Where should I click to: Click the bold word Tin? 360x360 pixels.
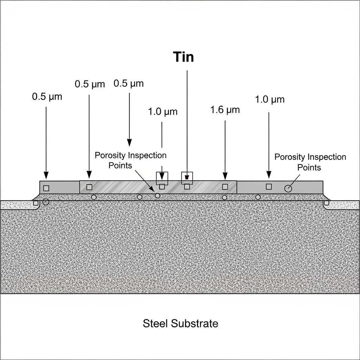coord(184,57)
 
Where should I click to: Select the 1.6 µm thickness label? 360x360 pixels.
coord(225,110)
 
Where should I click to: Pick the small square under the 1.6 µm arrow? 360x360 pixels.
coord(225,187)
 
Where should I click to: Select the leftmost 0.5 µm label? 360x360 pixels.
coord(47,97)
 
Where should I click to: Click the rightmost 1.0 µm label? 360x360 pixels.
coord(270,99)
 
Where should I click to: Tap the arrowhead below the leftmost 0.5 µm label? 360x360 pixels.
coord(46,175)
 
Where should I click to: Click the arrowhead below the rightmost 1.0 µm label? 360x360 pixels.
coord(269,174)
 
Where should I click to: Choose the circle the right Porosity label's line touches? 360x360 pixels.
coord(288,189)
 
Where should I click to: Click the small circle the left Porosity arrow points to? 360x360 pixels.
coord(157,195)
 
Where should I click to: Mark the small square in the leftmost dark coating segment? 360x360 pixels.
coord(46,188)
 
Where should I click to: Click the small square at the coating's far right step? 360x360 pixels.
coord(327,203)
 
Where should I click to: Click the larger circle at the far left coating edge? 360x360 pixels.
coord(46,202)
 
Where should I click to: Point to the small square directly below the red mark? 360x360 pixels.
coord(187,187)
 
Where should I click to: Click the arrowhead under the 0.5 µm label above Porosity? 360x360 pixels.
coord(129,142)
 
